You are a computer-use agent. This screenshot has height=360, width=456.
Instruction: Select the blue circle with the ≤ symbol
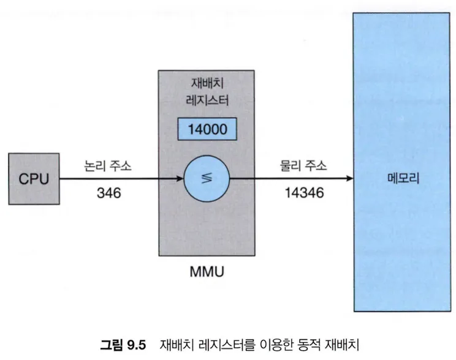[206, 179]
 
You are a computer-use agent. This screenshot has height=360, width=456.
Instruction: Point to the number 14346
[305, 193]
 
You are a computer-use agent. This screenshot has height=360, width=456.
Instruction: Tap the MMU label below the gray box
[206, 270]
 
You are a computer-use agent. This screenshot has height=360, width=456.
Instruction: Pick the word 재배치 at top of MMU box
[206, 85]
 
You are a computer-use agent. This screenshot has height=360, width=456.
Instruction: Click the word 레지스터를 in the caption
[222, 343]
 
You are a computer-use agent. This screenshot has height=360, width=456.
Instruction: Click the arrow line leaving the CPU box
[116, 179]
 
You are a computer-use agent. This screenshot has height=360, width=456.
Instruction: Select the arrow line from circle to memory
[288, 179]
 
